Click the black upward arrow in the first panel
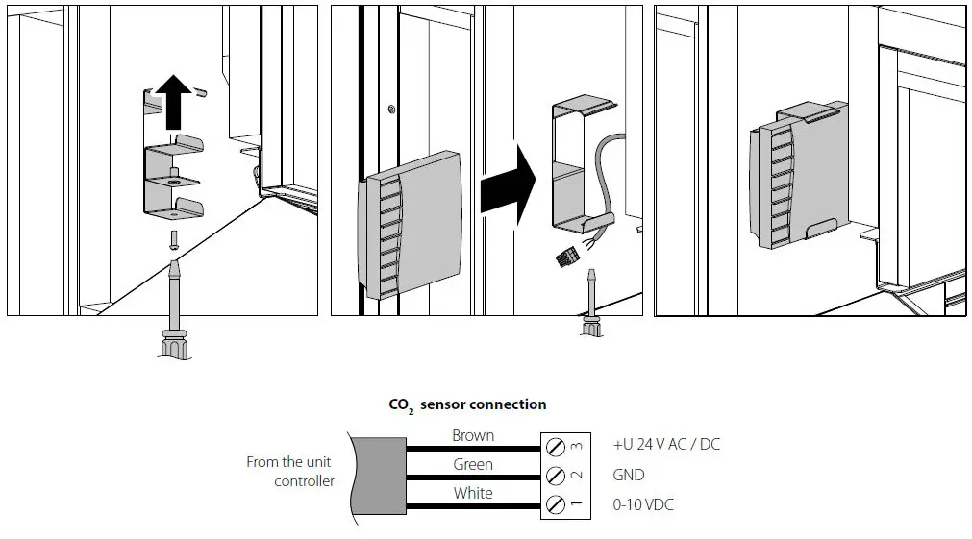[173, 104]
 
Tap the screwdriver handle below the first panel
[173, 340]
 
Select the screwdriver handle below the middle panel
[591, 329]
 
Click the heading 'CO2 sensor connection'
[467, 404]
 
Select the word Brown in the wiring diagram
[473, 435]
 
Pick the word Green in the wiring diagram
[473, 464]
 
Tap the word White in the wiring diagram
[473, 493]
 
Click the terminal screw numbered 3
[555, 447]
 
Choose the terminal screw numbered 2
[555, 476]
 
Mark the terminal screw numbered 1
[555, 504]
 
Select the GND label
[629, 475]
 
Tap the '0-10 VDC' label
[643, 504]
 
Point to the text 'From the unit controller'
[290, 471]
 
